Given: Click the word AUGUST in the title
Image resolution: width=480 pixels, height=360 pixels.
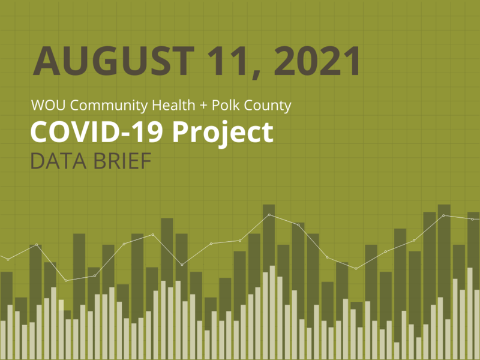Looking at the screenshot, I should coord(113,61).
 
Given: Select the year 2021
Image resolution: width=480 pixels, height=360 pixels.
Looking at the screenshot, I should coord(315,61).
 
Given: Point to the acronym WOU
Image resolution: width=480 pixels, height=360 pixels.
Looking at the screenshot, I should coord(45,106).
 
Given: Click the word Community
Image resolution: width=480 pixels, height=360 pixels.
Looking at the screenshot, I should coord(104,107).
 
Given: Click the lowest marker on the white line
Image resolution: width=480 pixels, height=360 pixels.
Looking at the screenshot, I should coord(66,280).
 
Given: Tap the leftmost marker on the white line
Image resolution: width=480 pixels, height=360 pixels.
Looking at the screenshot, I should coord(8,259).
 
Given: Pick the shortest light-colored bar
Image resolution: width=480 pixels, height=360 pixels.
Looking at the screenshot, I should coord(397,350).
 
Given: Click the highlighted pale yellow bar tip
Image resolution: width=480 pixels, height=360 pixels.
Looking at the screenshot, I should coord(61,304).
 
